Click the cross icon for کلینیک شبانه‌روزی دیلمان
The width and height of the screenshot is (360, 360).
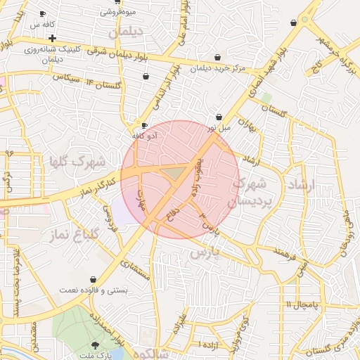pos(53,37)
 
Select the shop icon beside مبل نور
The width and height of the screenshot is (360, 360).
pos(219,117)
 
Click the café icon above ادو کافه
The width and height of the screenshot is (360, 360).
pos(145,125)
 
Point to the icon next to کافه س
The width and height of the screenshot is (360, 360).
pos(43,13)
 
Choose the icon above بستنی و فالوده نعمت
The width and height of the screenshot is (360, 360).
pos(94,279)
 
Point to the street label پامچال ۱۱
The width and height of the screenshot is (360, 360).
pos(302,304)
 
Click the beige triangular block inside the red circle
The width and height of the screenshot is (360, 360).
pos(171,172)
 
